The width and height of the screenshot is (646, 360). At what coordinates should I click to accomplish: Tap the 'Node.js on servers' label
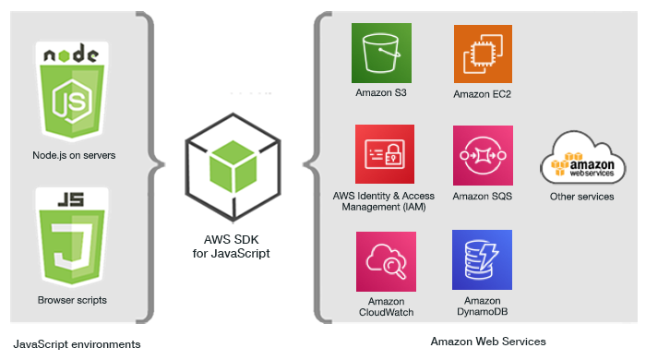click(x=73, y=155)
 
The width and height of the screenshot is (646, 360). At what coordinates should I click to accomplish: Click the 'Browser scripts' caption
click(x=73, y=300)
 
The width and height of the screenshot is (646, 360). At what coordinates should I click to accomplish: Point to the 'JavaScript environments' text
click(x=77, y=343)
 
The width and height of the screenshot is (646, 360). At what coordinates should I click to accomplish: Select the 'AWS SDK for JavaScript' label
click(x=231, y=246)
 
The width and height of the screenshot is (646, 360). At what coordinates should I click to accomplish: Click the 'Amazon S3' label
click(x=381, y=93)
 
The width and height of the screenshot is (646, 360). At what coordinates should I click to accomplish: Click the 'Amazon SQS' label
click(x=483, y=197)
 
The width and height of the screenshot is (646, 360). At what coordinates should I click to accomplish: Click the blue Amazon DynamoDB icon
click(x=483, y=259)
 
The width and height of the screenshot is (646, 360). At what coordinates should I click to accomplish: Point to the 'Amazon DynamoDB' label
click(x=483, y=306)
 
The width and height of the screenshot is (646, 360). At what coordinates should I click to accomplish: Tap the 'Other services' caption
click(x=581, y=197)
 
